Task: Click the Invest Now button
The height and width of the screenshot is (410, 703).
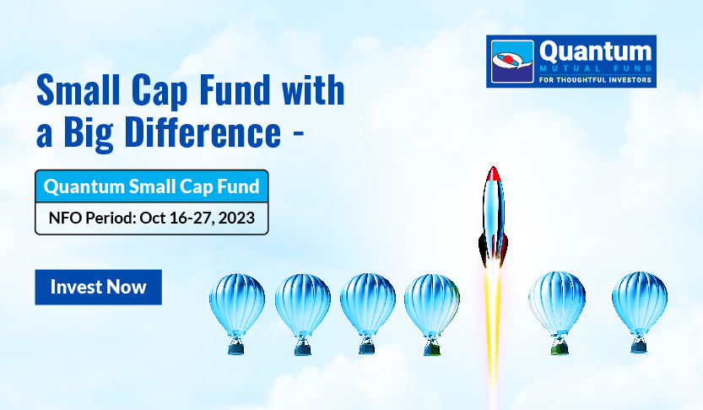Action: pos(98,287)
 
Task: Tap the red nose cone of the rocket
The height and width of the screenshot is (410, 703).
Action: pos(493,174)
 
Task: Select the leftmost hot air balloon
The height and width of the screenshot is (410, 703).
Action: pos(236,314)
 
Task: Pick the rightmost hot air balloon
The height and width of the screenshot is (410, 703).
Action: pos(640,312)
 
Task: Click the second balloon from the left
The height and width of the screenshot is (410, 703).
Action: pos(303,314)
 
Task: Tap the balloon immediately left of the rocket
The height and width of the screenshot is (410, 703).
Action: pos(432,314)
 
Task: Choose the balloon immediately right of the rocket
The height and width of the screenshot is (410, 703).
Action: pos(557,312)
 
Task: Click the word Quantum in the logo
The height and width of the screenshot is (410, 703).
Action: pos(596,51)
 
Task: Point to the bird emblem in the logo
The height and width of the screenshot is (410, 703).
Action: pos(512,61)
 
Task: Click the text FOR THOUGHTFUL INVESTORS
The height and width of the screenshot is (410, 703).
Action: pos(596,80)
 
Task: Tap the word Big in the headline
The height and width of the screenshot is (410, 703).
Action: pos(89,133)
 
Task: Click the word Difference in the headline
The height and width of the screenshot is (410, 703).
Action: pos(203,132)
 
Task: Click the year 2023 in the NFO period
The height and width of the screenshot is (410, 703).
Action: pos(236,218)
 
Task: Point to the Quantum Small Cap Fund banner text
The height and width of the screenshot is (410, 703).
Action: pos(152,186)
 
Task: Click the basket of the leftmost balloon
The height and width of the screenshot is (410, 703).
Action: pos(236,347)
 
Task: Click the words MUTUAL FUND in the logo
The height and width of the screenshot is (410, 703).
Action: pos(596,69)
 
